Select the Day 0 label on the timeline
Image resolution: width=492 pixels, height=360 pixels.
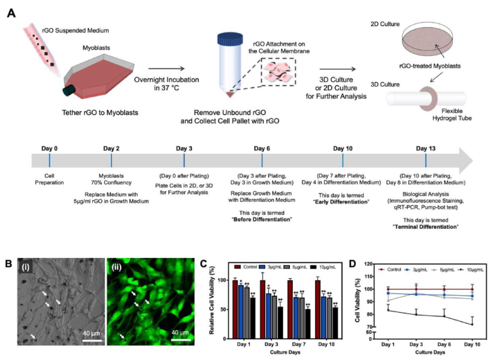pyautogui.click(x=50, y=149)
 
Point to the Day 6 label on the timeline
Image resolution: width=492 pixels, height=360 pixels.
pyautogui.click(x=261, y=149)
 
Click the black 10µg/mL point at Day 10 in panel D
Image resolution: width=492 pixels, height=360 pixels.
pyautogui.click(x=472, y=324)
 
